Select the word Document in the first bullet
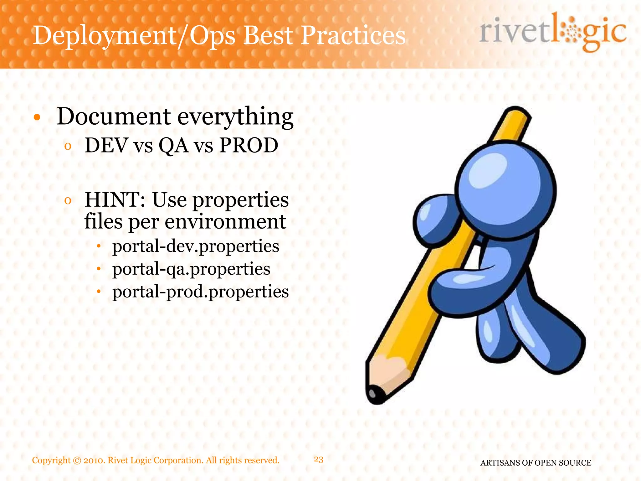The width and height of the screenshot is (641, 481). point(113,116)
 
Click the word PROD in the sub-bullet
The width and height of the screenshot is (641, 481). point(249,145)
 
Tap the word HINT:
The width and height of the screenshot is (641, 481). point(115,200)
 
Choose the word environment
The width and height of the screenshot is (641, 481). point(225,222)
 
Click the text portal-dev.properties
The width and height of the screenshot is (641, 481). point(196,246)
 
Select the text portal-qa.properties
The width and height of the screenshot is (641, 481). point(191,269)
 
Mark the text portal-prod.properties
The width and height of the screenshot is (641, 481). point(200,292)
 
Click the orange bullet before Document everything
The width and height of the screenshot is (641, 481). point(37,118)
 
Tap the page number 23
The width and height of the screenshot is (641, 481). point(319,459)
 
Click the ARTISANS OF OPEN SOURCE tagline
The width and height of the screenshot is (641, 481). point(536,463)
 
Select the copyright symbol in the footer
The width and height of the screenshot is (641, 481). point(77,461)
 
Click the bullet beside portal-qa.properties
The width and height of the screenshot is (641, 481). point(99,269)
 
